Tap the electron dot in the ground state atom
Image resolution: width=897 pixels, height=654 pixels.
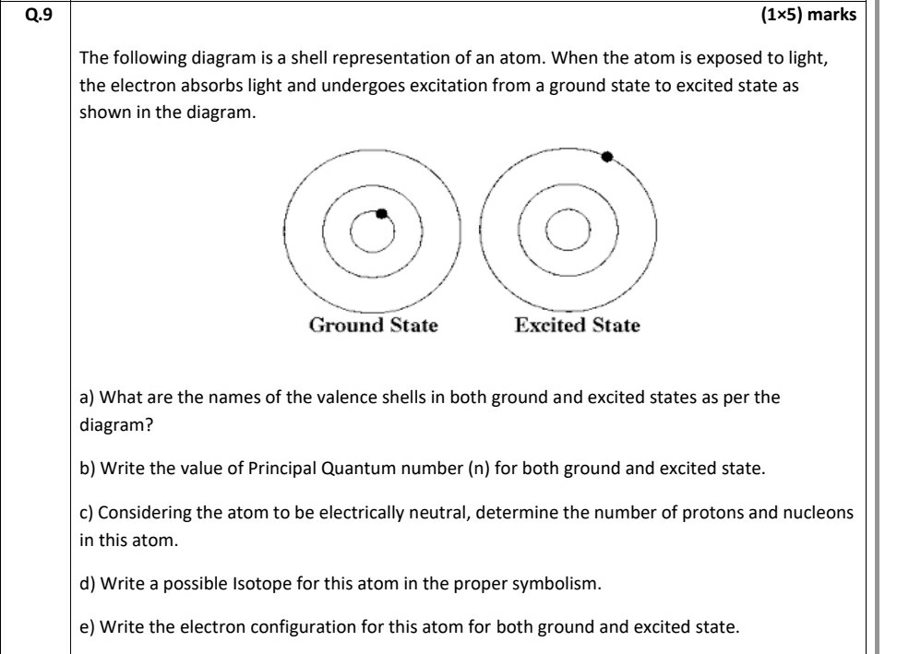pos(380,213)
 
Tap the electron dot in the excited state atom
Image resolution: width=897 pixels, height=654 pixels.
pos(606,157)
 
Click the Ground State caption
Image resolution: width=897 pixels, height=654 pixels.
pos(373,326)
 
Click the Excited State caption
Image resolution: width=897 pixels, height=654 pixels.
pos(577,326)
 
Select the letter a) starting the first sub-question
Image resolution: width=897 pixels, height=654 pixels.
pos(87,398)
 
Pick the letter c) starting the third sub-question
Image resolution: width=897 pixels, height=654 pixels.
pos(87,513)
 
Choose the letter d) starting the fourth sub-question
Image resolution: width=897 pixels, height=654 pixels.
pos(88,583)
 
